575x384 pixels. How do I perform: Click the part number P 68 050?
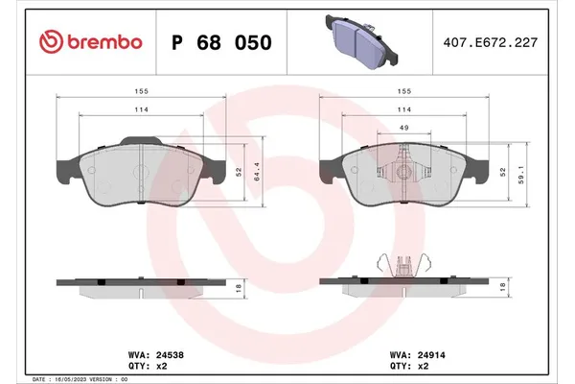220,43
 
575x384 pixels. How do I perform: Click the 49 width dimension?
404,130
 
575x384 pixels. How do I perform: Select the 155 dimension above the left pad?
140,93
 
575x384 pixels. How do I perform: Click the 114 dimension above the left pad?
140,111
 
